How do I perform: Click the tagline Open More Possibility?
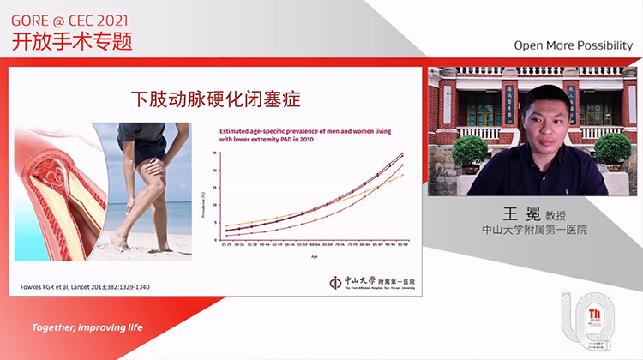click(x=572, y=45)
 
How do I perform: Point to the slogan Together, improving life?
click(x=87, y=327)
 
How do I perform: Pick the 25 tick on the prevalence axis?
click(x=216, y=153)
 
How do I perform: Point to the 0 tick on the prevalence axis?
click(x=216, y=240)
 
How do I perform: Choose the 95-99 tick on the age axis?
click(x=402, y=245)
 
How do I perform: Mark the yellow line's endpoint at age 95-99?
click(x=402, y=175)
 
